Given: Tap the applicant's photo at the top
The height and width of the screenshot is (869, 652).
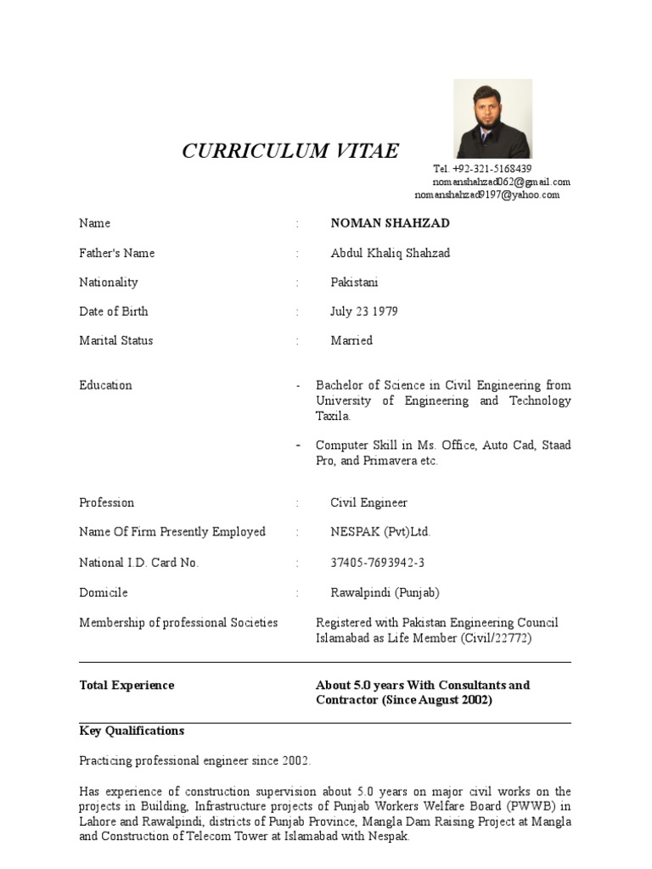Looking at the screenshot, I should tap(492, 119).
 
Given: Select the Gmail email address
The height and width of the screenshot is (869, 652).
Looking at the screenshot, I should tap(501, 182).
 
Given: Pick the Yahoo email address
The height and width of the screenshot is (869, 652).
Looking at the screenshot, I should tap(487, 194).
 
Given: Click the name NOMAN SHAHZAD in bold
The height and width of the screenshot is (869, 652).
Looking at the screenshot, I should tap(390, 223).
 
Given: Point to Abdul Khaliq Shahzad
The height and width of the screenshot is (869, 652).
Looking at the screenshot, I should tap(390, 253).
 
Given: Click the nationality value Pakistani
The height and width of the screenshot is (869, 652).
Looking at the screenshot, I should tap(354, 282).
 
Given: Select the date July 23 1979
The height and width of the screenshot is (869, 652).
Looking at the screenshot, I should tap(363, 311).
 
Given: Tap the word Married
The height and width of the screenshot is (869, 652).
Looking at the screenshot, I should tap(351, 340).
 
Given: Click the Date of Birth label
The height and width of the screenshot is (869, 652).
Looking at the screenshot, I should tap(114, 311).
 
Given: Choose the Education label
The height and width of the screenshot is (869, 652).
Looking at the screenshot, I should tap(106, 385).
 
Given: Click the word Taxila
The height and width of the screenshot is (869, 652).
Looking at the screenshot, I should tap(332, 417).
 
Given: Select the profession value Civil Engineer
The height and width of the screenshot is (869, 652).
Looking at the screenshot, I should tap(368, 502).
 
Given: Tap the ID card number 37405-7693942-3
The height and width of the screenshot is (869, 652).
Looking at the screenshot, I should tap(377, 563).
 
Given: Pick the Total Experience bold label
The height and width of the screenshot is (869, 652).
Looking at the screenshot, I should tap(126, 685).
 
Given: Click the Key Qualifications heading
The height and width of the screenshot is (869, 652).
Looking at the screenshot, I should tap(132, 731).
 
